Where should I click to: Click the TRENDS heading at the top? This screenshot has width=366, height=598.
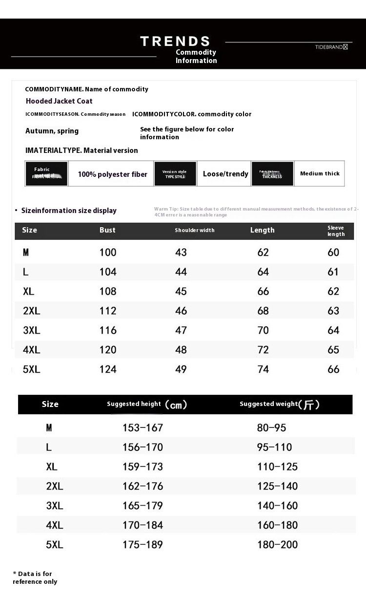tap(175, 42)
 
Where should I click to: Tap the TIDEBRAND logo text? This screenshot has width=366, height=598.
tap(331, 47)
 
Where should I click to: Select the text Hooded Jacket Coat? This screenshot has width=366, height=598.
tap(59, 101)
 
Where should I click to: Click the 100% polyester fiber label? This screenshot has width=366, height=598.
tap(112, 174)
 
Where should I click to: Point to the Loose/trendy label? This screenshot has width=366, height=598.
tap(225, 174)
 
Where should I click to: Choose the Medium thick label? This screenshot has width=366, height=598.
tap(320, 173)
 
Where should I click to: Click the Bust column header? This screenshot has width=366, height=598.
tap(107, 230)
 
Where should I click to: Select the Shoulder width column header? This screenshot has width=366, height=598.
tap(194, 230)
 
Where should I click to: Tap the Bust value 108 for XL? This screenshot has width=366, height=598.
tap(108, 291)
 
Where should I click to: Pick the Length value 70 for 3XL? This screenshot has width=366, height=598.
tap(263, 330)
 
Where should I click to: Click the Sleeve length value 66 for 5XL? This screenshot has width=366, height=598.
tap(333, 369)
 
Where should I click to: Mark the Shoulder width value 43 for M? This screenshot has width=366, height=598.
tap(181, 252)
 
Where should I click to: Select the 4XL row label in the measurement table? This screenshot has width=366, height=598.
tap(31, 350)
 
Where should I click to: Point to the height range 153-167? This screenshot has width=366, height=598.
tap(142, 428)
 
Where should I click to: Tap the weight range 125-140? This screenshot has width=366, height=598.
tap(277, 486)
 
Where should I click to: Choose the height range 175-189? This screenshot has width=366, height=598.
tap(142, 545)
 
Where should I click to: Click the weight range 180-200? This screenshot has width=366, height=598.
tap(277, 545)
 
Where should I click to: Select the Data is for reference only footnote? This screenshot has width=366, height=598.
tap(35, 577)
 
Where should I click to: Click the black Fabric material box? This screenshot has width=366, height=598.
tap(46, 173)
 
